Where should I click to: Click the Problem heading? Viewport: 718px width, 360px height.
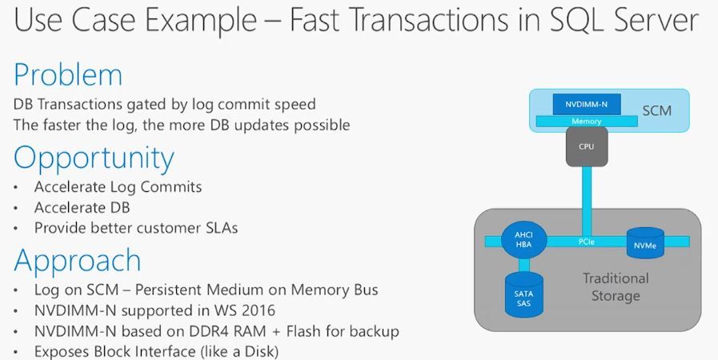click(x=68, y=74)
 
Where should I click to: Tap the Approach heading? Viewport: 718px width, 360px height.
click(x=78, y=262)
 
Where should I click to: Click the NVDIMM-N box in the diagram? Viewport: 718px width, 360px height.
click(x=587, y=104)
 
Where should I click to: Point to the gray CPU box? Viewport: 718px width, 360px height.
click(x=587, y=146)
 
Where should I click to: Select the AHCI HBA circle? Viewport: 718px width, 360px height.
click(x=523, y=240)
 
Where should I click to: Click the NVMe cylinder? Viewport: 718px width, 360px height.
click(x=645, y=243)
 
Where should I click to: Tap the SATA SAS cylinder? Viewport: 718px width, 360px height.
click(x=523, y=295)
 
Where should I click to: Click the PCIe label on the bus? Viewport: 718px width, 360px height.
click(x=587, y=242)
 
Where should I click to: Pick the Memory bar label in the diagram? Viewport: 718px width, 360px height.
click(x=587, y=122)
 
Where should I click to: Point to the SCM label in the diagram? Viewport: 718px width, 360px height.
click(x=657, y=110)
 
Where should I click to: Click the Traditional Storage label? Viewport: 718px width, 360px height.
click(x=616, y=287)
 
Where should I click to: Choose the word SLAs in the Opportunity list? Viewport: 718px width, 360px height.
click(x=222, y=228)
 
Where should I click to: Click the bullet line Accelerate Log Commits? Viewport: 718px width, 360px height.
click(x=118, y=187)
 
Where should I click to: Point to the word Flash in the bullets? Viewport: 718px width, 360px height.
click(x=303, y=331)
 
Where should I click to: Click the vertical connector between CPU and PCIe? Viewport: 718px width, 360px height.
click(x=587, y=202)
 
